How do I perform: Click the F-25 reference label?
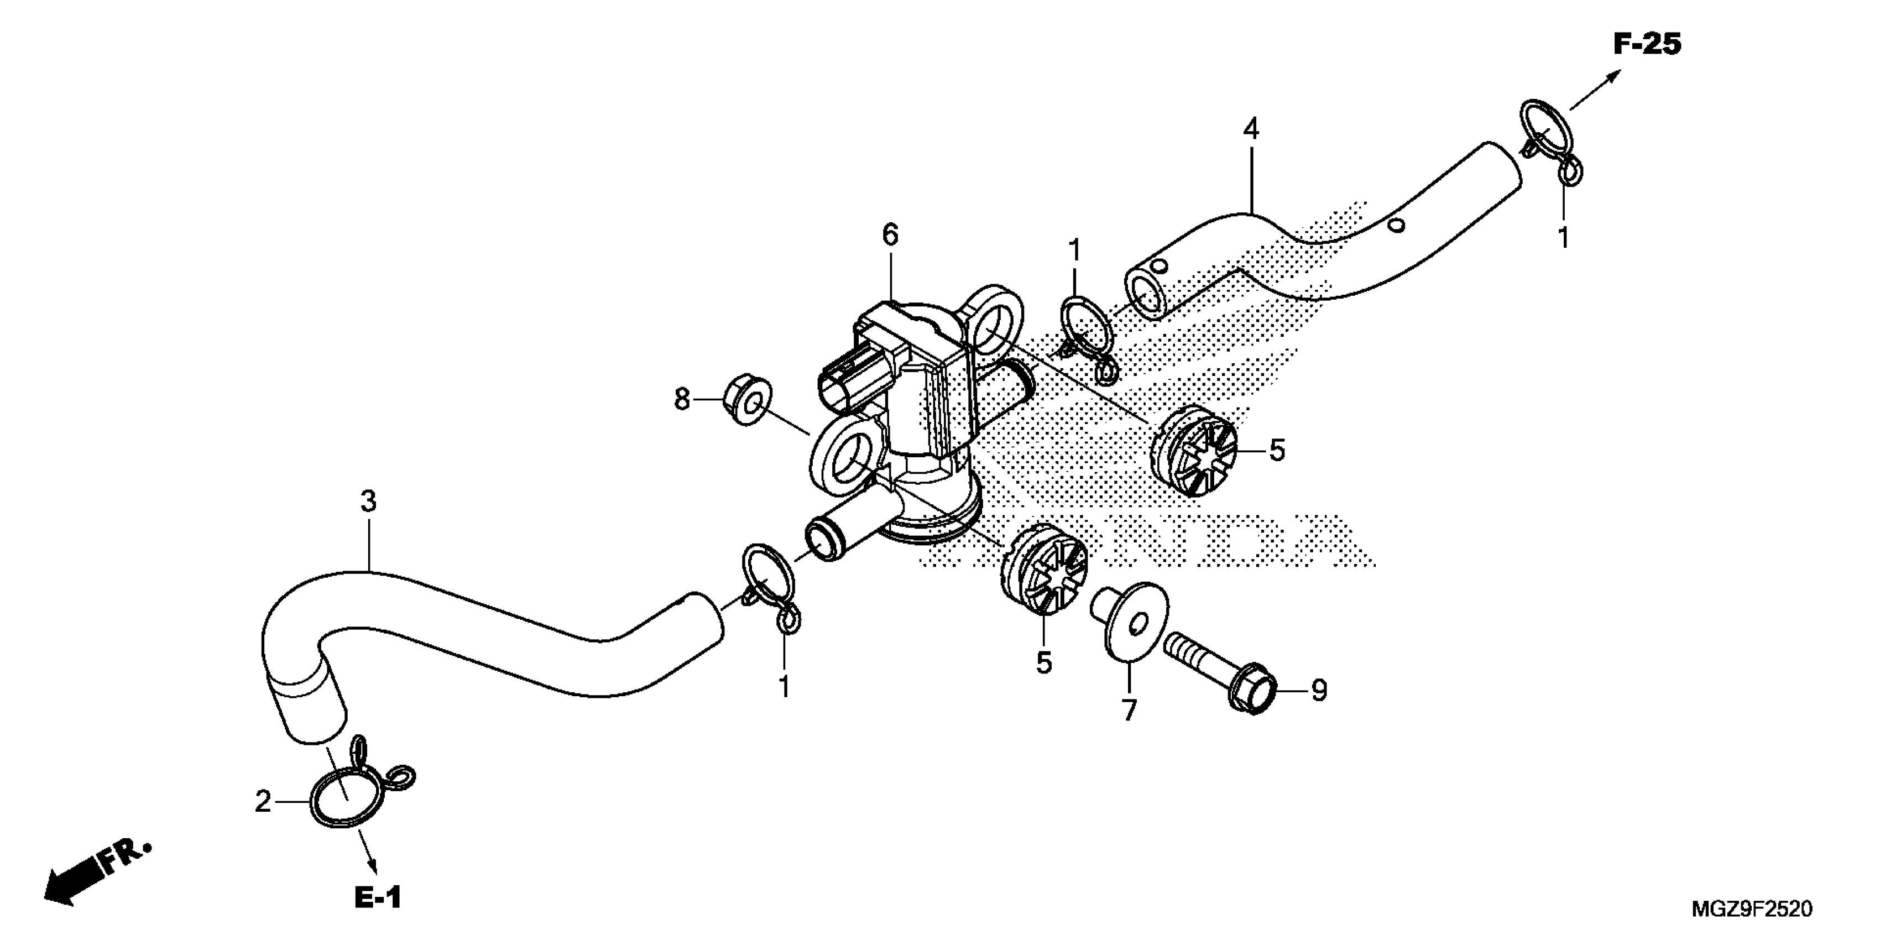1647,45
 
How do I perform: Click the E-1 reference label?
378,897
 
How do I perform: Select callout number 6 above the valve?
890,235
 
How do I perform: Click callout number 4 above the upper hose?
1251,130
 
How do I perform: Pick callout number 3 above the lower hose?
369,502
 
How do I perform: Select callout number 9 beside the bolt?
1319,691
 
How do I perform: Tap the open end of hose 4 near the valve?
1146,296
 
